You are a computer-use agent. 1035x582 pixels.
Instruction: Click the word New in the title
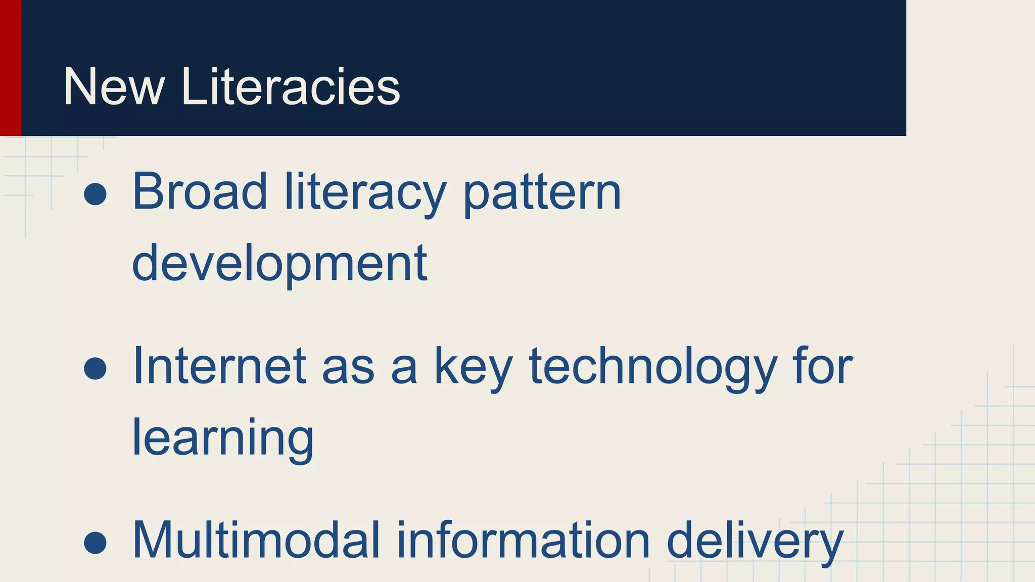tap(114, 87)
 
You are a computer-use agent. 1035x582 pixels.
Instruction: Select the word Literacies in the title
tap(290, 87)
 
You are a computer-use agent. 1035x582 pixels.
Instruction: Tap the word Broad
tap(200, 192)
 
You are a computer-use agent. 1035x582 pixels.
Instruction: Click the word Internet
tap(219, 366)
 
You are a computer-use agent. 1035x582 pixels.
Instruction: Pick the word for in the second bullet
tap(823, 366)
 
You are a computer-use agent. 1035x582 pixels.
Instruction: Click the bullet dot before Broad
tap(95, 194)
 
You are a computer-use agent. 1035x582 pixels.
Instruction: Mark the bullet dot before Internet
tap(95, 368)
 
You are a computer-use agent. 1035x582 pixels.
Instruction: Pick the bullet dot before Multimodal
tap(95, 543)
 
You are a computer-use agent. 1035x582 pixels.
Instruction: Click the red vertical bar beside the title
tap(10, 68)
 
